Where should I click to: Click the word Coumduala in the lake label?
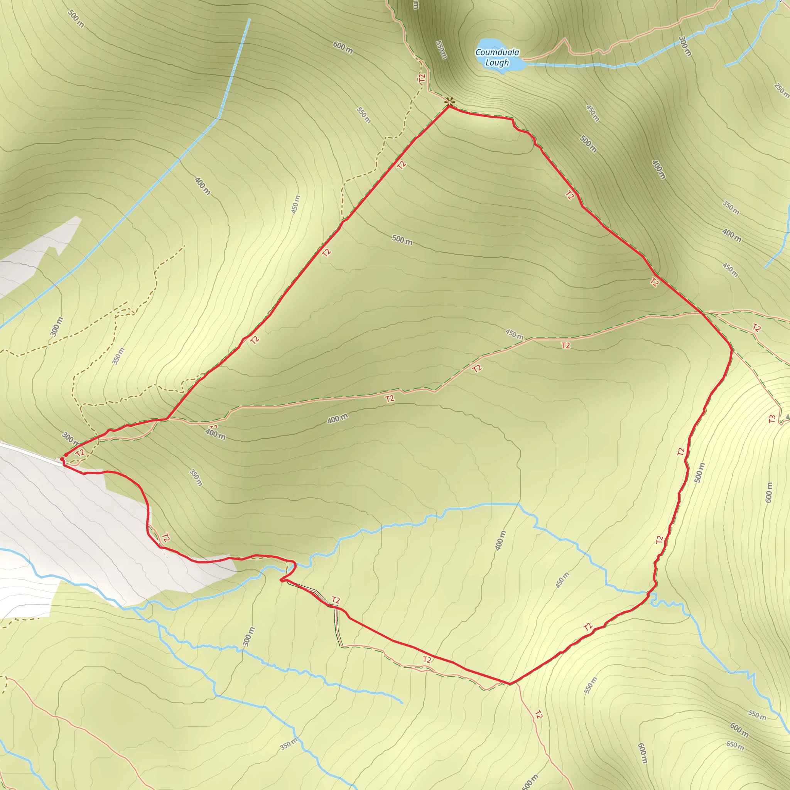pyautogui.click(x=497, y=52)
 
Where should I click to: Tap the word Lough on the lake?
pyautogui.click(x=497, y=62)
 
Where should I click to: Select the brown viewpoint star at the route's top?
pyautogui.click(x=449, y=101)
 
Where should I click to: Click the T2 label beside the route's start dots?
pyautogui.click(x=80, y=452)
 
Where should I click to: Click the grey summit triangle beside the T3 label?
pyautogui.click(x=788, y=417)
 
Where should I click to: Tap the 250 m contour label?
pyautogui.click(x=782, y=90)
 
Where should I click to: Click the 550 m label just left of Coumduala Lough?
pyautogui.click(x=441, y=49)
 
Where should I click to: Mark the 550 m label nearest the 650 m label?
pyautogui.click(x=757, y=715)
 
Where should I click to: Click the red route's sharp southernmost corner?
pyautogui.click(x=510, y=684)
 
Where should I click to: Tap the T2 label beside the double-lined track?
pyautogui.click(x=336, y=600)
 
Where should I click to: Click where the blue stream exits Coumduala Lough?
pyautogui.click(x=524, y=64)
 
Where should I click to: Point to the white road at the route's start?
pyautogui.click(x=29, y=451)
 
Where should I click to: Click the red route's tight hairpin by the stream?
pyautogui.click(x=281, y=580)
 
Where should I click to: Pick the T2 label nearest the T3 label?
pyautogui.click(x=756, y=327)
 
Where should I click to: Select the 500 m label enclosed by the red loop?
pyautogui.click(x=402, y=240)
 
